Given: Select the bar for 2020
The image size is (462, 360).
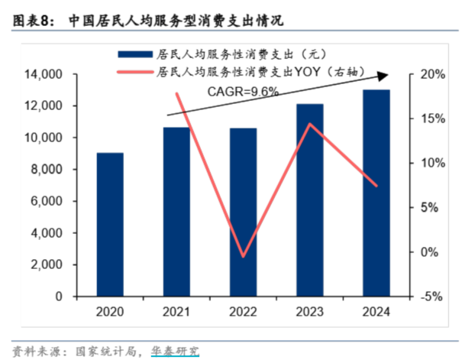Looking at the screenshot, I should tap(110, 224).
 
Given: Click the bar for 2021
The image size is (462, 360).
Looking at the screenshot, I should tap(176, 211).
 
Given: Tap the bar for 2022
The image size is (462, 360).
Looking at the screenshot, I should tap(244, 212).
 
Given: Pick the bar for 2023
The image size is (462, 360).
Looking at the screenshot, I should tap(310, 199).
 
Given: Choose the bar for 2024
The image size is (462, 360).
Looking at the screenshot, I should tap(376, 193).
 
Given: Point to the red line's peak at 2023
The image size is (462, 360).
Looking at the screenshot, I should tap(309, 124).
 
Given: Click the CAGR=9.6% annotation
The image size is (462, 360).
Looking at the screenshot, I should tap(243, 91).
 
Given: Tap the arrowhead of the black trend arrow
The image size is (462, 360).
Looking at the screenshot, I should tap(386, 74).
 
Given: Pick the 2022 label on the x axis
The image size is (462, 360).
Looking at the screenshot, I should tap(244, 311).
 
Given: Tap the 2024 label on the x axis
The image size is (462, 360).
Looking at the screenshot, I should tap(376, 311).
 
